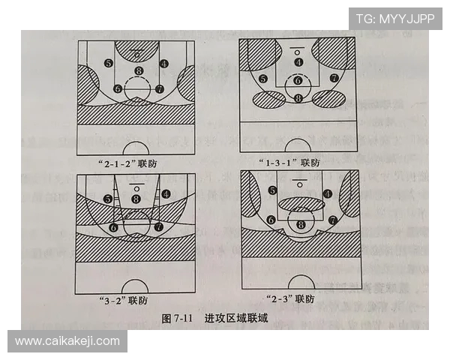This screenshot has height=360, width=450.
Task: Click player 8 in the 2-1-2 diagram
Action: click(x=138, y=71)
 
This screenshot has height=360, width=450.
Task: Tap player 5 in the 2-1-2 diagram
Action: click(x=109, y=64)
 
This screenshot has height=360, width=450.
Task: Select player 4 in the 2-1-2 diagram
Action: click(x=164, y=64)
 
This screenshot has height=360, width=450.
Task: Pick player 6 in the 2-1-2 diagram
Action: click(x=118, y=88)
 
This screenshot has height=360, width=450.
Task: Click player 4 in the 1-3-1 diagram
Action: click(x=298, y=62)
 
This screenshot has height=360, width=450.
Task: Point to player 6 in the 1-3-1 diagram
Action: click(x=298, y=80)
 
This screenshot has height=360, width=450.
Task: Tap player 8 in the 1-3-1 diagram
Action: click(x=298, y=98)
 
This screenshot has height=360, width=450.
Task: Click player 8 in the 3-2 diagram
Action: click(x=136, y=199)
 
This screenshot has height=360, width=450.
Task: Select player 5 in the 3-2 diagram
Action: click(x=109, y=199)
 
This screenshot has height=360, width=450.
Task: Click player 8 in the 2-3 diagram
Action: click(x=301, y=224)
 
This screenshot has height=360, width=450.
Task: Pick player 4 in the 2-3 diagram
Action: click(x=328, y=193)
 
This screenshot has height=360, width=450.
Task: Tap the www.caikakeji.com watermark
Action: click(x=67, y=341)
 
